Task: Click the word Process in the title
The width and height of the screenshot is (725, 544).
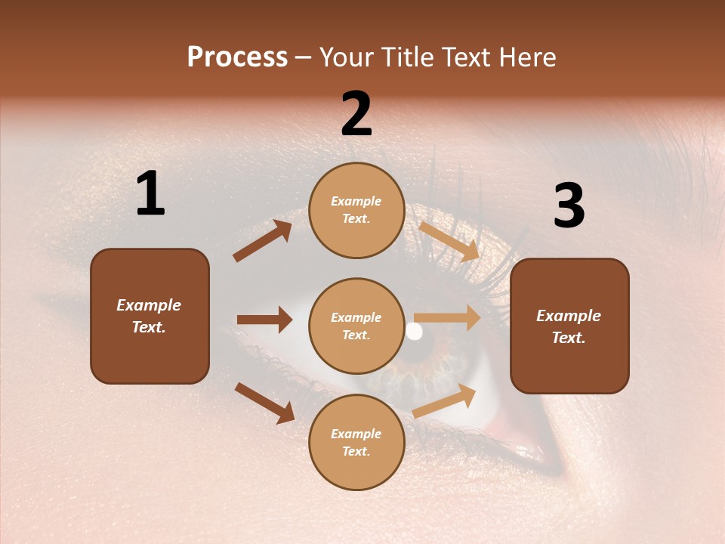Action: (x=237, y=57)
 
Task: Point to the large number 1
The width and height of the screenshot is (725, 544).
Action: (x=150, y=194)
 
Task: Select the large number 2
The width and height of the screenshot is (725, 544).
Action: (x=356, y=114)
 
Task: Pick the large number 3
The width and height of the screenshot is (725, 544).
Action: (x=569, y=206)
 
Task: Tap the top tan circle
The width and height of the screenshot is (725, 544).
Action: (x=356, y=210)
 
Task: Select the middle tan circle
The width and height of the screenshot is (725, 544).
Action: (x=356, y=326)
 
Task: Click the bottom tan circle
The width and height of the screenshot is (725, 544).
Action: (x=356, y=442)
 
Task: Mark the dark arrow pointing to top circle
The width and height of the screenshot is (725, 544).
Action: (x=263, y=241)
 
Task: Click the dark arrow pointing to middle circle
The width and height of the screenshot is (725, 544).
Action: (x=264, y=320)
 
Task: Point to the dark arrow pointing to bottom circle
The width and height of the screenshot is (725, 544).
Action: (x=264, y=403)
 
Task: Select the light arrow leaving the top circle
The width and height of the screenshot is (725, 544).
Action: (x=449, y=241)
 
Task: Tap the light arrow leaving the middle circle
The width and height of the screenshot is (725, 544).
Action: (x=447, y=317)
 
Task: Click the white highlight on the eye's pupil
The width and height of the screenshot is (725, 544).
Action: (x=414, y=331)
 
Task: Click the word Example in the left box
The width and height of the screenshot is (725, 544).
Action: (x=149, y=305)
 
